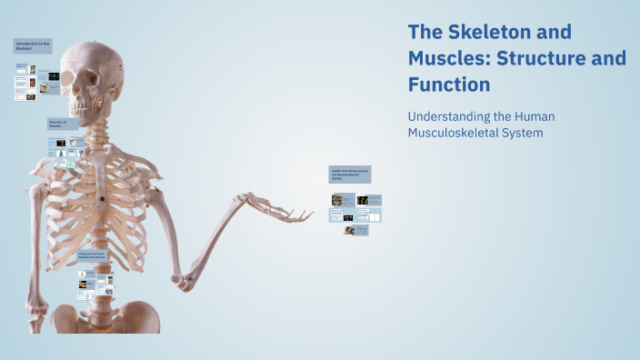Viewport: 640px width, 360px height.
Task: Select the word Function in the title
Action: tap(449, 85)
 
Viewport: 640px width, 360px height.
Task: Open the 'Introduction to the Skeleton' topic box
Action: tap(33, 45)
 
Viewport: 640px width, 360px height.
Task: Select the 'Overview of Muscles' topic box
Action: tap(63, 124)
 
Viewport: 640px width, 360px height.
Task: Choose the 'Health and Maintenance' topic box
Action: tap(350, 174)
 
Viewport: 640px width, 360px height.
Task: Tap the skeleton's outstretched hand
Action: tap(287, 209)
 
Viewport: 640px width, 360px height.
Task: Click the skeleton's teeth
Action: tap(88, 110)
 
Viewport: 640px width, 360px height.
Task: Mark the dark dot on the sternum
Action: tap(104, 197)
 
